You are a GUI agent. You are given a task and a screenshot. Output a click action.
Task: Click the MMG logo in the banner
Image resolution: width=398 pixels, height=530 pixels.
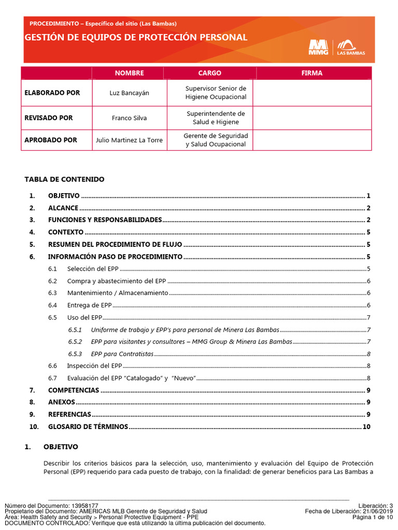[x=318, y=47]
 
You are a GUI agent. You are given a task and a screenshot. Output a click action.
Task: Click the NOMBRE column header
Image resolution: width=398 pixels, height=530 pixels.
[x=129, y=73]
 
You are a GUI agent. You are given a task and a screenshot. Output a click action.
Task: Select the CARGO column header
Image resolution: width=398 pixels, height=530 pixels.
[x=209, y=73]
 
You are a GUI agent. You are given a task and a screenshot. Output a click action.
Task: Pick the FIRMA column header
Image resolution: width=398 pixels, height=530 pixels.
[x=311, y=73]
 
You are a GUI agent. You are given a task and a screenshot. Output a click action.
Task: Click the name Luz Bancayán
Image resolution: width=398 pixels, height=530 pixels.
[x=129, y=93]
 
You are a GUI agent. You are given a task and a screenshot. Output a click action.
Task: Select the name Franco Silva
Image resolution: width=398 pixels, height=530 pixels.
[x=129, y=118]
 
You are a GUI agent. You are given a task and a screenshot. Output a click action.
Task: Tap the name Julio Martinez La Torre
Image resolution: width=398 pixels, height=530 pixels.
[x=129, y=140]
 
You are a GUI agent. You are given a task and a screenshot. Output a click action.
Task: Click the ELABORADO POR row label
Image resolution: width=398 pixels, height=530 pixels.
[x=52, y=93]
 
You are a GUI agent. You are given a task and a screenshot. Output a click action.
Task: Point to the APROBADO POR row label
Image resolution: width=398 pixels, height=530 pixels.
[x=51, y=140]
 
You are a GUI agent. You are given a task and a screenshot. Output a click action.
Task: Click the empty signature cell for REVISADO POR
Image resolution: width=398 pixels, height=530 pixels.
[x=311, y=118]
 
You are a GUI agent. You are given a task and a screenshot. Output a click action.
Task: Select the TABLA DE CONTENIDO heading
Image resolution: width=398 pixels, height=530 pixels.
[x=64, y=180]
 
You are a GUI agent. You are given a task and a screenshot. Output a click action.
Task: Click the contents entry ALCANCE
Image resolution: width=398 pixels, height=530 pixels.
[x=63, y=208]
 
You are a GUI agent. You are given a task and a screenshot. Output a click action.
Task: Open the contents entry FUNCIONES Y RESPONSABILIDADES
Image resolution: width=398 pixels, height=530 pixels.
[x=105, y=220]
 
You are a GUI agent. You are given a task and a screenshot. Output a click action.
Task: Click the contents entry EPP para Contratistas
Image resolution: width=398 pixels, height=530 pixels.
[x=122, y=354]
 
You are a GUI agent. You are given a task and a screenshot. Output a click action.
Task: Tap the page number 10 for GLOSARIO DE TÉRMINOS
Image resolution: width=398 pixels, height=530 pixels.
[x=367, y=427]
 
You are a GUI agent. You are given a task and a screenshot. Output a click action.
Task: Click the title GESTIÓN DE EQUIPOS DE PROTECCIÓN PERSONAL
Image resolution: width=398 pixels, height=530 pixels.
[x=136, y=38]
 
